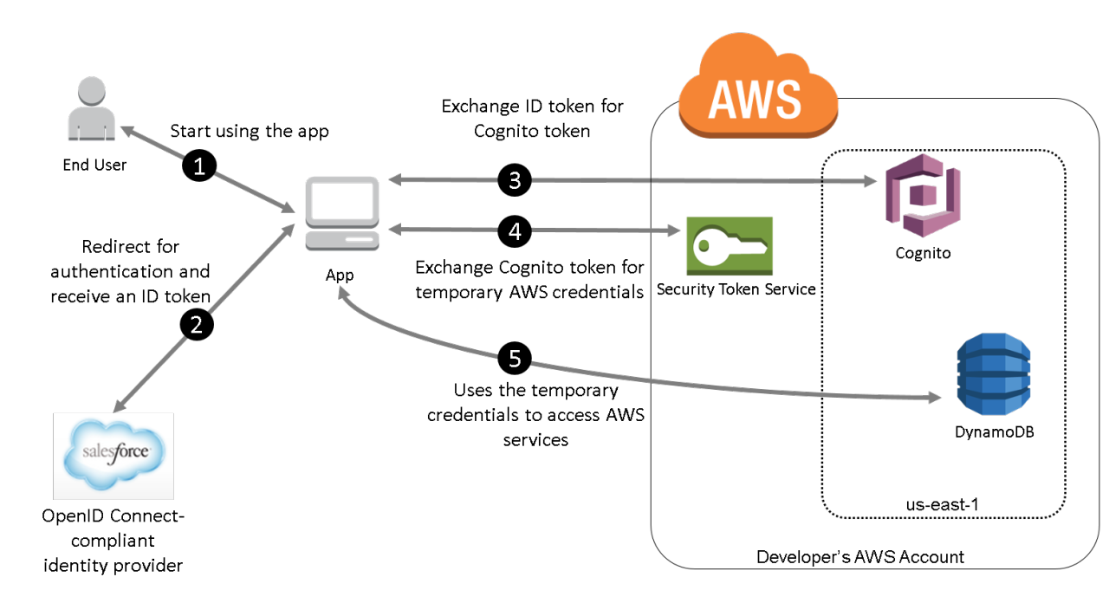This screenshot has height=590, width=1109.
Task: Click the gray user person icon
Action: click(92, 109)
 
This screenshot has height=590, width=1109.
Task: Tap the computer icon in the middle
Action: click(342, 213)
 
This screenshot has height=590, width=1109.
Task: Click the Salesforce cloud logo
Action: click(113, 456)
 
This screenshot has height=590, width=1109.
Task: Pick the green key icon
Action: click(730, 246)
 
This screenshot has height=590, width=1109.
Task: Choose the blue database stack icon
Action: click(993, 373)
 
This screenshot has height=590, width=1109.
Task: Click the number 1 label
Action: click(199, 167)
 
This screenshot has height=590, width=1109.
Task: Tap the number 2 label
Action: click(197, 325)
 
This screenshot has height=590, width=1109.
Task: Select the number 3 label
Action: click(515, 181)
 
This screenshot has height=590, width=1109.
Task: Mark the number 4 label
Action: click(515, 231)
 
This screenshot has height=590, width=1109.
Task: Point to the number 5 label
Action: click(515, 359)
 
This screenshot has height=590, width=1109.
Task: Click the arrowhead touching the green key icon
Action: click(674, 231)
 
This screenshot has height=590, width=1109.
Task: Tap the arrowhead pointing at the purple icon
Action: click(871, 182)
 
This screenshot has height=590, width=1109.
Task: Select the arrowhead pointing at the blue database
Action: click(935, 398)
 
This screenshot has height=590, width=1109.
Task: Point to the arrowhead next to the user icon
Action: click(126, 131)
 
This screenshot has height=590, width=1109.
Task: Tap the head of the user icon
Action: click(92, 90)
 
